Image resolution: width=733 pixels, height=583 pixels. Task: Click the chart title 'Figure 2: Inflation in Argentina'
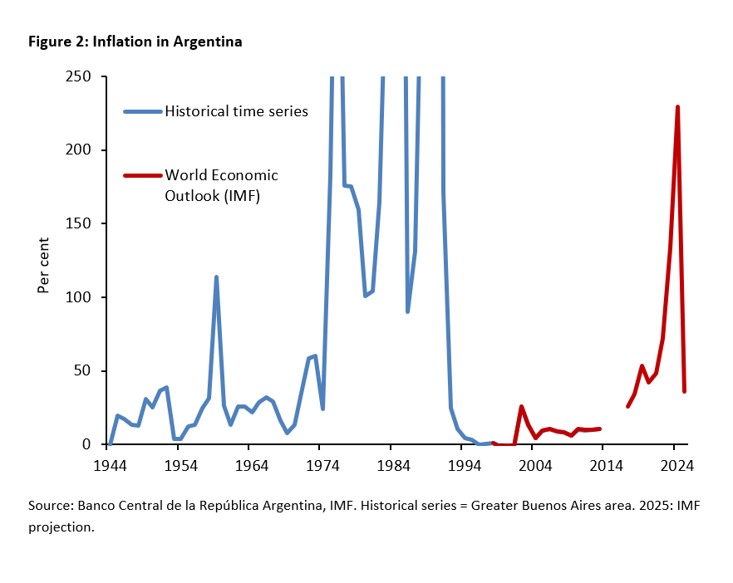click(135, 42)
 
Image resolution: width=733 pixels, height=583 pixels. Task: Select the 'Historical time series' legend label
click(237, 111)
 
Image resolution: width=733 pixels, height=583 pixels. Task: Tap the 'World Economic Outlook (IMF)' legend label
click(222, 185)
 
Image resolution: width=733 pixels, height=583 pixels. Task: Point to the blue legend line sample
click(143, 111)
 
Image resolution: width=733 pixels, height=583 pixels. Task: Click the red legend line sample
click(143, 175)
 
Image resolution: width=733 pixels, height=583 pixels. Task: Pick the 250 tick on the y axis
click(80, 76)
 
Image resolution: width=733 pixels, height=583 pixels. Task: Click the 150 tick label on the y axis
click(80, 223)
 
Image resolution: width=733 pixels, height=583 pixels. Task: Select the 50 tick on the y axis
click(84, 370)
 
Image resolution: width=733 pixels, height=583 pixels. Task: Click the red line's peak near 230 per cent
click(678, 107)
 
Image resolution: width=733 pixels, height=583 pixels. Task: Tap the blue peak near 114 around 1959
click(216, 277)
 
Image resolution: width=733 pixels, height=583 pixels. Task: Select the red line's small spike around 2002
click(521, 407)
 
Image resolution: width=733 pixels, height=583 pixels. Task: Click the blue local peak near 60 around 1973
click(315, 356)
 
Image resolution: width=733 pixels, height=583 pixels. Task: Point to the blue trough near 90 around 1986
click(407, 311)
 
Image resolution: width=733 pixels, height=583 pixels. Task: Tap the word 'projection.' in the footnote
click(61, 527)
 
